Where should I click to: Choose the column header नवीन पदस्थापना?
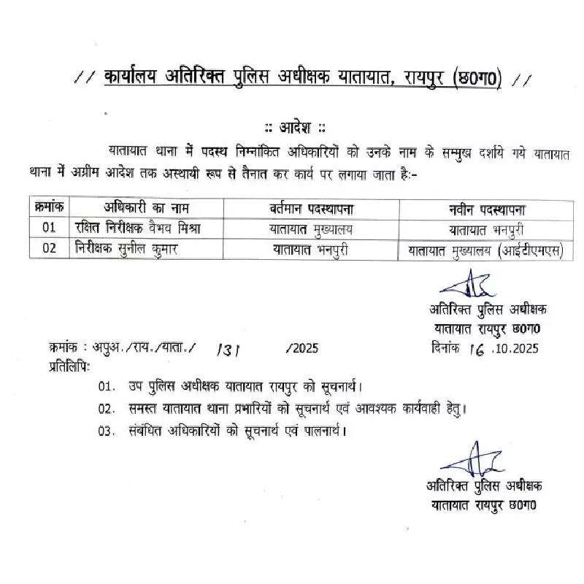click(488, 209)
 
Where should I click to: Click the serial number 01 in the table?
click(50, 228)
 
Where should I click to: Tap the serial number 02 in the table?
click(50, 248)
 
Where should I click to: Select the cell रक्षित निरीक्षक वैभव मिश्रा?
click(138, 228)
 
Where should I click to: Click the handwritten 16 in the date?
click(478, 349)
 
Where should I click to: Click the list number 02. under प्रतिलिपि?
click(107, 408)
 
